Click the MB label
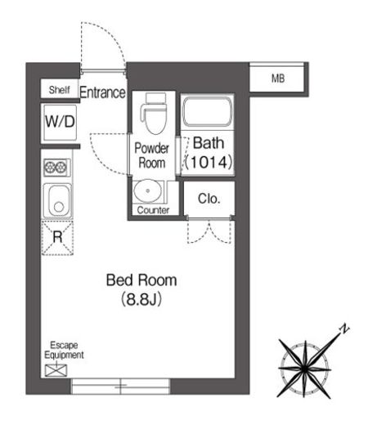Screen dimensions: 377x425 click(x=278, y=78)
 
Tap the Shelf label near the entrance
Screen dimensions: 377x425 click(x=59, y=90)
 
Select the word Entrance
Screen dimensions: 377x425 click(x=102, y=92)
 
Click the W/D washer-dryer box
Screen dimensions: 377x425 click(x=60, y=122)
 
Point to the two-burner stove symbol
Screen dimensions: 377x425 click(x=56, y=167)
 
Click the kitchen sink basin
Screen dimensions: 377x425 click(x=58, y=201)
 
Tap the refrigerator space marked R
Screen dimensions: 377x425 click(x=57, y=238)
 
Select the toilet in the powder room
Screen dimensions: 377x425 click(x=155, y=114)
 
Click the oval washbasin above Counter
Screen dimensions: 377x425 click(x=148, y=190)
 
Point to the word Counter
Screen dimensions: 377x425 click(x=153, y=210)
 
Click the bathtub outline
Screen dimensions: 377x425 click(x=207, y=112)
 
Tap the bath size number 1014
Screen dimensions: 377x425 click(x=209, y=162)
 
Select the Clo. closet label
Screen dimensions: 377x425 click(x=209, y=199)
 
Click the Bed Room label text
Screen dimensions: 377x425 click(x=141, y=280)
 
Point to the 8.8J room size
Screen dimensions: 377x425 click(x=141, y=299)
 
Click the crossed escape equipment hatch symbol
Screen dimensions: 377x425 click(x=56, y=370)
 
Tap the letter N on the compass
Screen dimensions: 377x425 click(x=344, y=329)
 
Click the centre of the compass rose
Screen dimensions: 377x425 click(x=304, y=369)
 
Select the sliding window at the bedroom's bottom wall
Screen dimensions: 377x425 click(x=120, y=386)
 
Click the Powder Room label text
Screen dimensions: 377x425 click(x=151, y=155)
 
